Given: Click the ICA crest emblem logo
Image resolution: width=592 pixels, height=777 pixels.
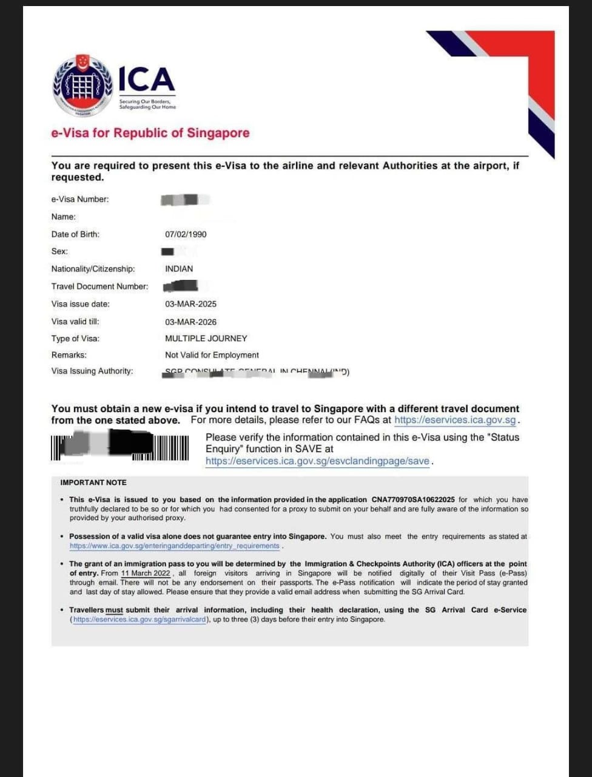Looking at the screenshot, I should pos(83,86).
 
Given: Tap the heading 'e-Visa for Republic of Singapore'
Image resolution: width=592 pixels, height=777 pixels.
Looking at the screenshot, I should pos(150,133).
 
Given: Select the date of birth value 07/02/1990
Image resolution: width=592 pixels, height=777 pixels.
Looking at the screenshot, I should pos(186,234).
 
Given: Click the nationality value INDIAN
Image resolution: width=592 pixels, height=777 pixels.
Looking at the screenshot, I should pos(179,269).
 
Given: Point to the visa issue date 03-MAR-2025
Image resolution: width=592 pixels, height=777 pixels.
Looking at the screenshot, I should pos(190,304).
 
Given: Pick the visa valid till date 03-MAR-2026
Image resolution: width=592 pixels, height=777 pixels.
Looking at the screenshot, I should pos(190,322).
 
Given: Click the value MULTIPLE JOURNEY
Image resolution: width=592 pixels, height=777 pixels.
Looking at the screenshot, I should pos(206,339).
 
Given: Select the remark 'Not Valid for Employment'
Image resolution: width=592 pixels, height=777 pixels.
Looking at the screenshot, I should pos(212,355).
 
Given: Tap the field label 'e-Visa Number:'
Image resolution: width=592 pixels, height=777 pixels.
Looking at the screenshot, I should pos(80,199).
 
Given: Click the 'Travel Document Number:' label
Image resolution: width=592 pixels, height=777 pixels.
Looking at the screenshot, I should pos(99,287).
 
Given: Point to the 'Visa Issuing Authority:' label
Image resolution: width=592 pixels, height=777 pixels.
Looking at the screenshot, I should pos(92,371).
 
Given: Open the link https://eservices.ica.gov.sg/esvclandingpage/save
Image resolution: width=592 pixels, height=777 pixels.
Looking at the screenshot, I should pos(317,461).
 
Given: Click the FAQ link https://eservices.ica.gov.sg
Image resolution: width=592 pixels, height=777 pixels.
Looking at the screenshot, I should pos(455,420).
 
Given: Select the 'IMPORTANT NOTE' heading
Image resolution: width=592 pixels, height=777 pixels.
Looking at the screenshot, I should pos(93,483).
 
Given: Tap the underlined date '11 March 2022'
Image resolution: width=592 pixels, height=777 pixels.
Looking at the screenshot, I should pos(146,573).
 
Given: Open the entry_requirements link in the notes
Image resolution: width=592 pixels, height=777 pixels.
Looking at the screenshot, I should pos(175,546).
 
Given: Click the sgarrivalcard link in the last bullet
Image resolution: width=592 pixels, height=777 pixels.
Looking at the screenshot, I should pos(140,620).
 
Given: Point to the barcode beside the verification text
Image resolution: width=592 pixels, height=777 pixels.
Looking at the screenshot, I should pos(119,447).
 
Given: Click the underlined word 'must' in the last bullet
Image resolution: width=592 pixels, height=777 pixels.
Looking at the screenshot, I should pos(114,610).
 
